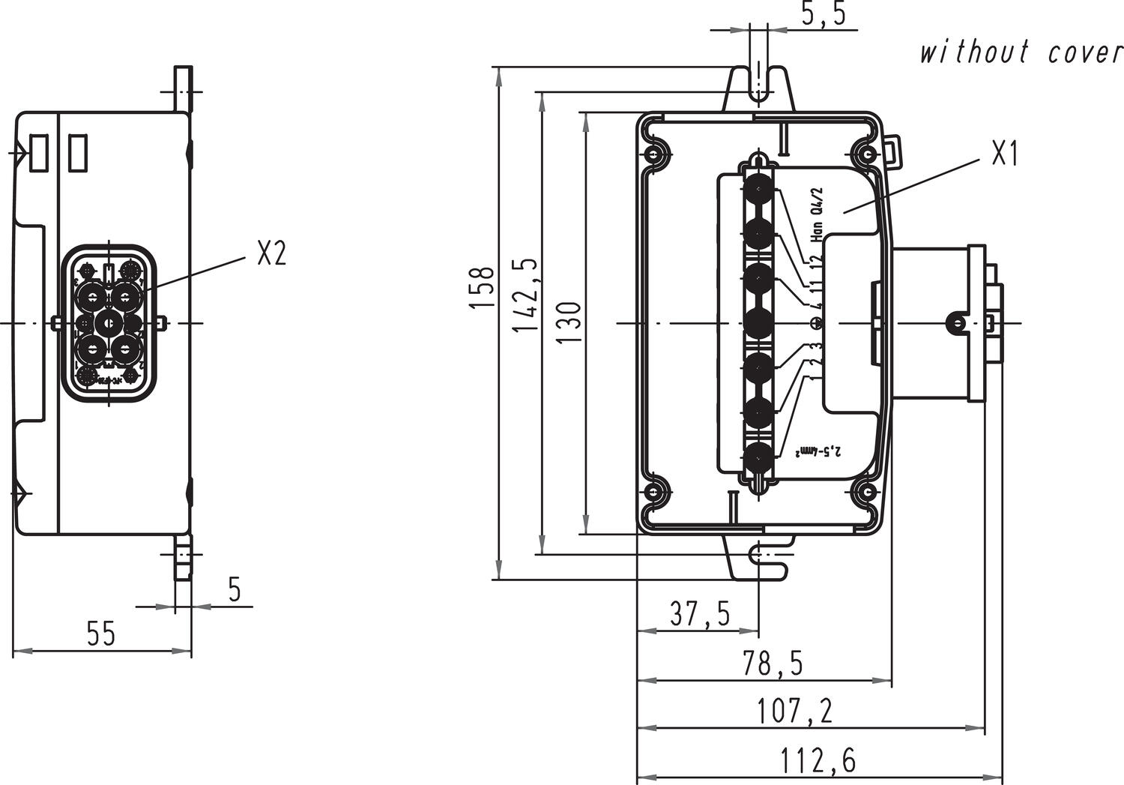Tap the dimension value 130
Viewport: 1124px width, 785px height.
tap(569, 322)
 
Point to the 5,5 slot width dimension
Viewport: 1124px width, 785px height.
tap(824, 14)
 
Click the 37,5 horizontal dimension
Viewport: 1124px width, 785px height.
tap(700, 615)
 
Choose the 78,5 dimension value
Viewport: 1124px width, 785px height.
tap(773, 664)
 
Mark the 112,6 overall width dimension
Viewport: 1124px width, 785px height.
tap(818, 762)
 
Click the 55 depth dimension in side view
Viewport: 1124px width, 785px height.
tap(101, 634)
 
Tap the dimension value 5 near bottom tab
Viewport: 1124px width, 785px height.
tap(235, 590)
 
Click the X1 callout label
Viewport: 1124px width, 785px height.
tap(1005, 154)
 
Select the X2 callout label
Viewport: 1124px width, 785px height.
tap(271, 254)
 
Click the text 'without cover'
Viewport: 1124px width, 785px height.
tap(1021, 53)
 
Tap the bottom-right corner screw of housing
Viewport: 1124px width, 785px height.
tap(867, 492)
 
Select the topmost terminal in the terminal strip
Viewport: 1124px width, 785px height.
tap(759, 189)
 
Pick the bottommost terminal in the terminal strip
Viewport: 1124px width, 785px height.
tap(759, 456)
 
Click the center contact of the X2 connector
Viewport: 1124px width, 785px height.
tap(109, 323)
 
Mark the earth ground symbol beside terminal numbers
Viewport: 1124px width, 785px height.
tap(817, 323)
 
